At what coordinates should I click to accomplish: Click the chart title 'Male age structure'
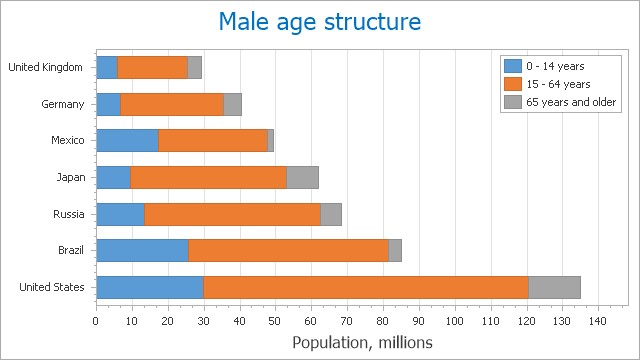320,22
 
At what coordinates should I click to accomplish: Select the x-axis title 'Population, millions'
362,343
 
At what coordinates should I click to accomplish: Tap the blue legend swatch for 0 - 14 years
513,66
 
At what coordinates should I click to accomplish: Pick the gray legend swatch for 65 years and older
513,102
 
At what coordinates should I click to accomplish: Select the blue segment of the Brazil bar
142,250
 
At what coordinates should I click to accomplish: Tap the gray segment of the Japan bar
302,177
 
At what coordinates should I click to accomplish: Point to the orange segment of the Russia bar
232,214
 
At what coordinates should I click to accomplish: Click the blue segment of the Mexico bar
127,141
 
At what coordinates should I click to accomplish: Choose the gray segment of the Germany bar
232,104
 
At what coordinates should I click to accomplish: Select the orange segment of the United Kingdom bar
152,67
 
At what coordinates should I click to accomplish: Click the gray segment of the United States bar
554,287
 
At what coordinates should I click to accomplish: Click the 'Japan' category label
71,177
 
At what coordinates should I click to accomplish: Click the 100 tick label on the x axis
455,321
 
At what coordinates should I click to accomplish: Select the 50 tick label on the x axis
275,321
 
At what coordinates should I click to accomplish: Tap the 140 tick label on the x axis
598,321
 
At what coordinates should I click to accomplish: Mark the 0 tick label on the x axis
96,321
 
